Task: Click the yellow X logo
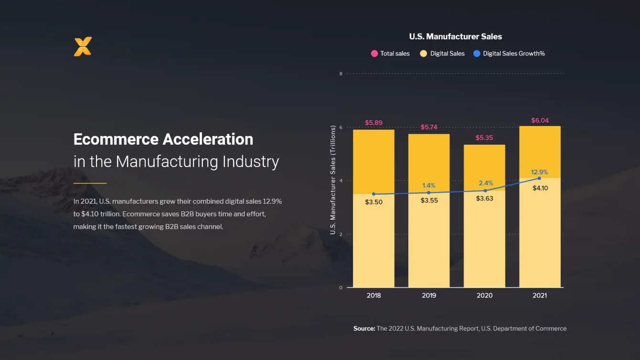pyautogui.click(x=83, y=46)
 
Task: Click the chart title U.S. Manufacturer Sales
pyautogui.click(x=455, y=36)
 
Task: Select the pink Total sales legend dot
pyautogui.click(x=374, y=53)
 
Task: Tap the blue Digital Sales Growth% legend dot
pyautogui.click(x=477, y=53)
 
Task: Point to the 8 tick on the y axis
pyautogui.click(x=341, y=74)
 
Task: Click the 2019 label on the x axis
pyautogui.click(x=429, y=296)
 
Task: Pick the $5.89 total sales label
pyautogui.click(x=373, y=123)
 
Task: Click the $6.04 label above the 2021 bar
pyautogui.click(x=540, y=120)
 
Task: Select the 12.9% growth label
pyautogui.click(x=539, y=172)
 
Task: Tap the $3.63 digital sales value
pyautogui.click(x=484, y=198)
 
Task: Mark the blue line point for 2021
pyautogui.click(x=539, y=178)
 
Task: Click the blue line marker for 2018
pyautogui.click(x=373, y=194)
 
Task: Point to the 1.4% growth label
pyautogui.click(x=428, y=185)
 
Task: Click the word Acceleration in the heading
pyautogui.click(x=208, y=139)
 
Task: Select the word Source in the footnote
pyautogui.click(x=364, y=328)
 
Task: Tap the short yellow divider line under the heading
pyautogui.click(x=90, y=183)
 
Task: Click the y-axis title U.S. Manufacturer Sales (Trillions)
pyautogui.click(x=333, y=180)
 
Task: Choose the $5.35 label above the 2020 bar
pyautogui.click(x=484, y=138)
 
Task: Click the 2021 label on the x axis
pyautogui.click(x=539, y=296)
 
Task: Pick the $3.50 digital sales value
pyautogui.click(x=373, y=202)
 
